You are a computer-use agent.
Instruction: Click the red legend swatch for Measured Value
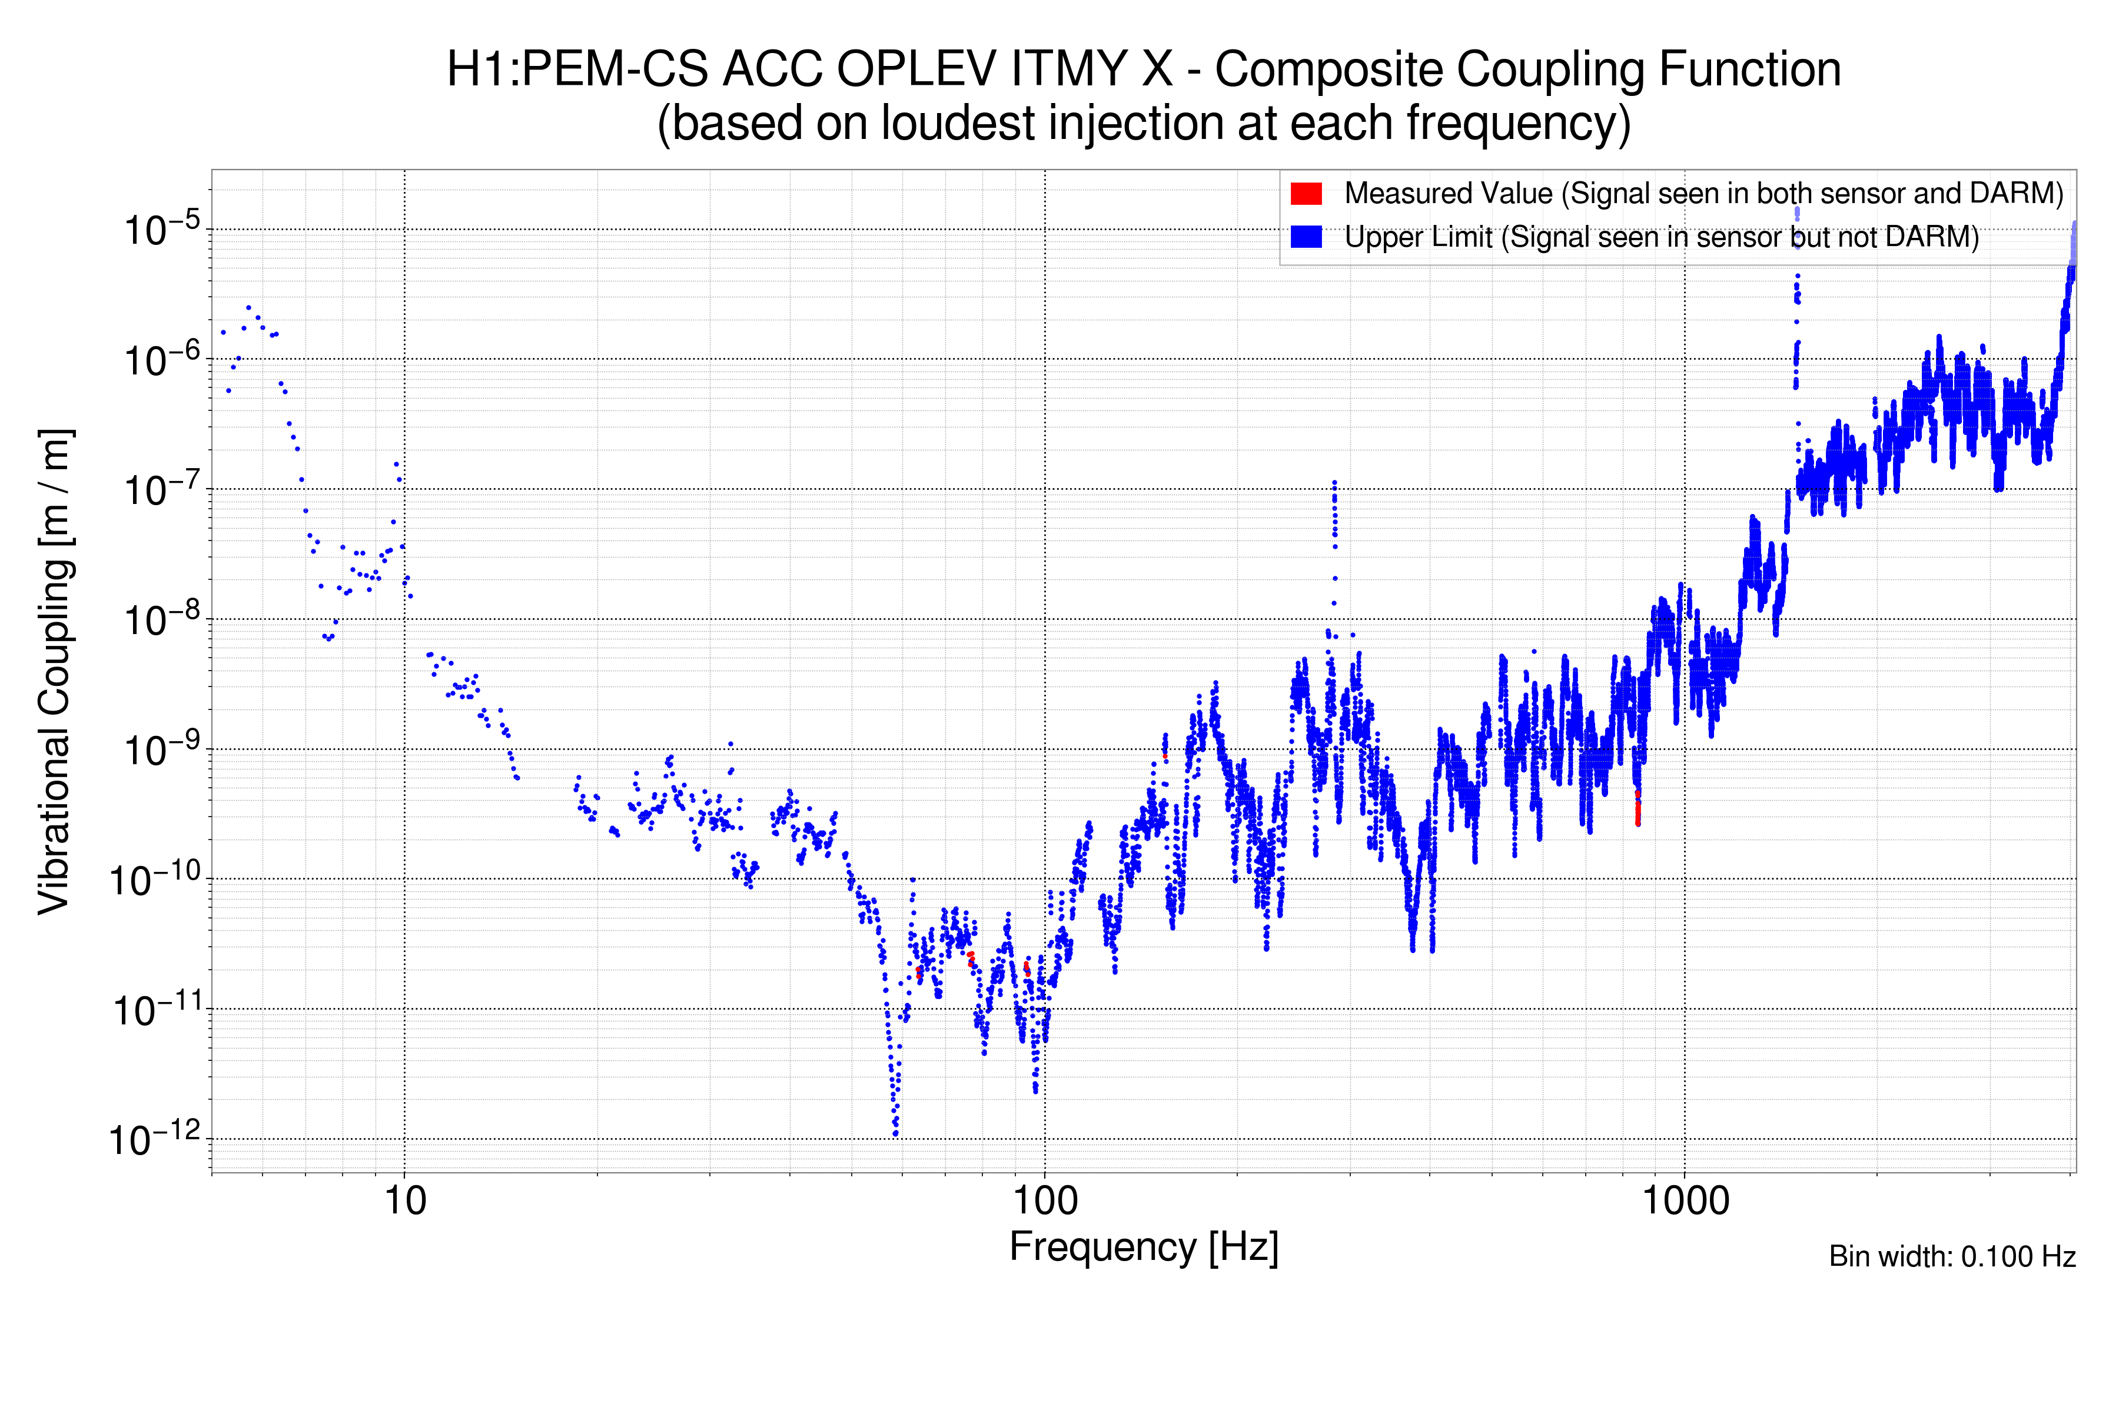1306,193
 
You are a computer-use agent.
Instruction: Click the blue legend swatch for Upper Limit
1306,237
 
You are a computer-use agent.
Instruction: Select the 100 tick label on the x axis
1045,1201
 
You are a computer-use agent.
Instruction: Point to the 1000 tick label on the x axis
1685,1201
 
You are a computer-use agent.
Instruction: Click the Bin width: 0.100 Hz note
1951,1256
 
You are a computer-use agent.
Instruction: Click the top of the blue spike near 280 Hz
1334,483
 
